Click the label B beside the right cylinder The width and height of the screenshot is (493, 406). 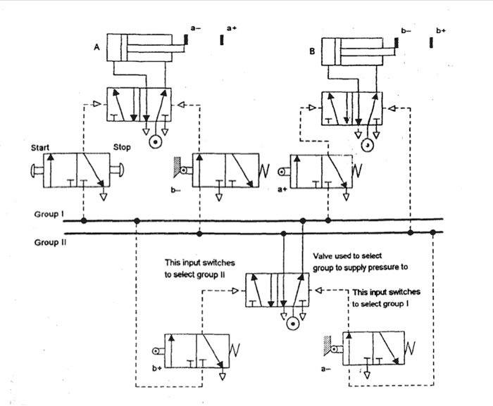pyautogui.click(x=311, y=51)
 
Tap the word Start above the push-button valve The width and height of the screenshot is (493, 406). pyautogui.click(x=42, y=148)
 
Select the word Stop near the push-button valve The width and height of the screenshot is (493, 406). pyautogui.click(x=122, y=148)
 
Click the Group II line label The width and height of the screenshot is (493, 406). pyautogui.click(x=50, y=241)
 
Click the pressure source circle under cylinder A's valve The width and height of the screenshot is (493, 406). pyautogui.click(x=154, y=144)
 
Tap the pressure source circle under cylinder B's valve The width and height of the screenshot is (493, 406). pyautogui.click(x=367, y=146)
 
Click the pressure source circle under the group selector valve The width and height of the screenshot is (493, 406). pyautogui.click(x=291, y=324)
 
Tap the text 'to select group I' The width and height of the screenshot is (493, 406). pyautogui.click(x=386, y=304)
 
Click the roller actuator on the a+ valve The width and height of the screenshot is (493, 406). pyautogui.click(x=283, y=172)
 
